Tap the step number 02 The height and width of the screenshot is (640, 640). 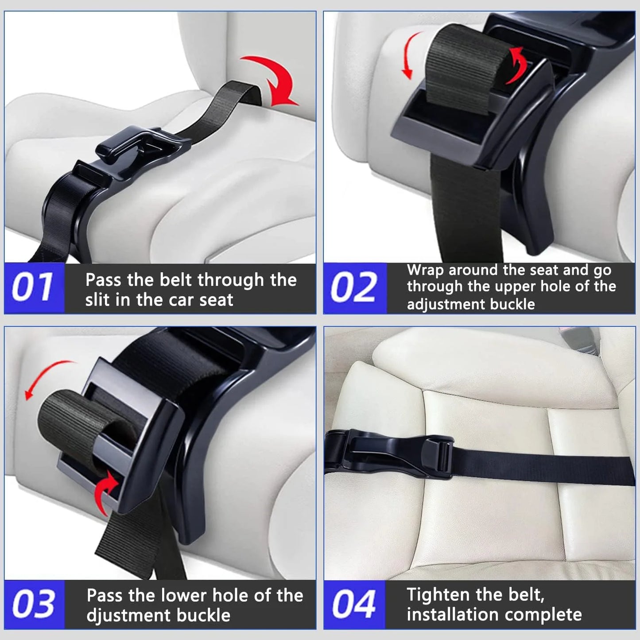(353, 287)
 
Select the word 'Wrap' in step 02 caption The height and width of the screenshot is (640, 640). (426, 271)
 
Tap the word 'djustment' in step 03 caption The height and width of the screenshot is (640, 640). (129, 616)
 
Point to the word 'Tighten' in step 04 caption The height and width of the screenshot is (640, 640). (438, 594)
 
